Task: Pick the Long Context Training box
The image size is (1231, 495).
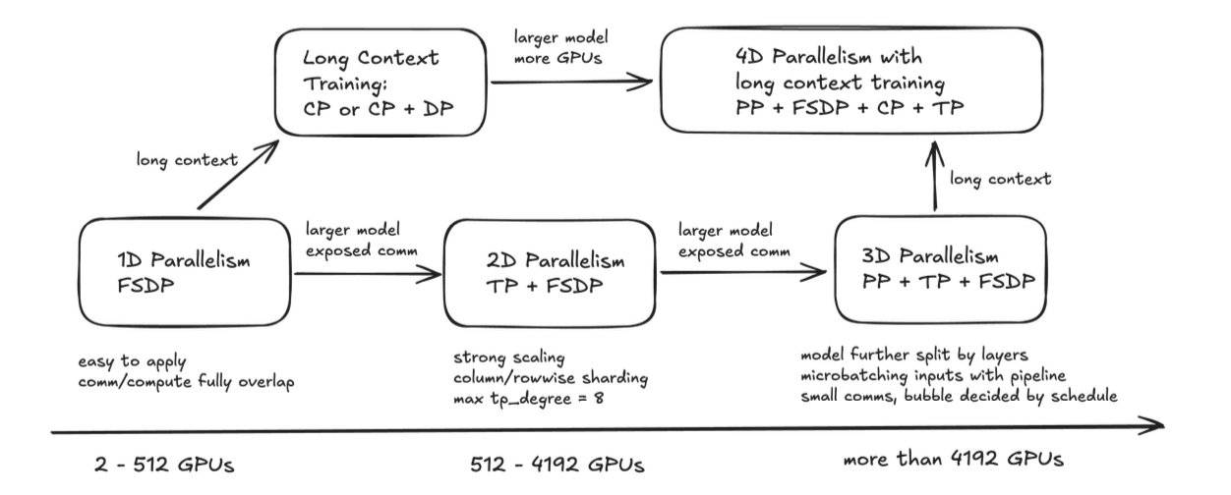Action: pos(382,84)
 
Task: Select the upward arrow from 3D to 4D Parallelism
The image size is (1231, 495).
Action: pos(935,177)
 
